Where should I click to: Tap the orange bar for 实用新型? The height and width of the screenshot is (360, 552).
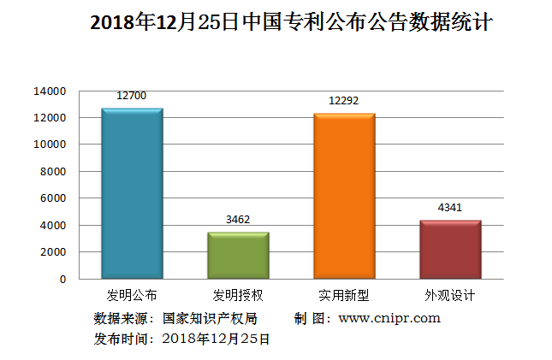pyautogui.click(x=344, y=196)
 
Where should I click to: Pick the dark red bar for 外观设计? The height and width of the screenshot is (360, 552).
pyautogui.click(x=450, y=249)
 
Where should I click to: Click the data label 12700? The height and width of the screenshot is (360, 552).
pyautogui.click(x=132, y=96)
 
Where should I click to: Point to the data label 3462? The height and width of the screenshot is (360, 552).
pyautogui.click(x=238, y=220)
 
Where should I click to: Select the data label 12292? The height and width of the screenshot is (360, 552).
pyautogui.click(x=344, y=101)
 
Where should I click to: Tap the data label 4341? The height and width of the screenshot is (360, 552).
pyautogui.click(x=450, y=208)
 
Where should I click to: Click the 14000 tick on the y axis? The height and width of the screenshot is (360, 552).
pyautogui.click(x=50, y=91)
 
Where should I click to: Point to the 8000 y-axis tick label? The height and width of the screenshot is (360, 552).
pyautogui.click(x=53, y=171)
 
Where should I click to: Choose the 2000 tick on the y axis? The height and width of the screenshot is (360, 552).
pyautogui.click(x=53, y=251)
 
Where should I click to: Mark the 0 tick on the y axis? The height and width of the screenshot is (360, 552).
pyautogui.click(x=62, y=279)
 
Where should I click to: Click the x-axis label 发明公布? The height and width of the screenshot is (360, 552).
pyautogui.click(x=132, y=296)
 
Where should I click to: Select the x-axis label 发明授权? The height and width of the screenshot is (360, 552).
pyautogui.click(x=238, y=296)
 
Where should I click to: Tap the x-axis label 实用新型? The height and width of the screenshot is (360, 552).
pyautogui.click(x=344, y=296)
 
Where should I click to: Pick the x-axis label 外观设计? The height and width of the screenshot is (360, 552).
pyautogui.click(x=450, y=296)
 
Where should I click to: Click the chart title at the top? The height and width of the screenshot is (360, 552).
pyautogui.click(x=291, y=23)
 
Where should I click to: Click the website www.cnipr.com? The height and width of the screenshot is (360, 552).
pyautogui.click(x=389, y=318)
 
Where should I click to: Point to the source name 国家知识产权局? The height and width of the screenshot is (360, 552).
pyautogui.click(x=210, y=318)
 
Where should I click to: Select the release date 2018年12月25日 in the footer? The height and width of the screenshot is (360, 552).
pyautogui.click(x=215, y=339)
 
